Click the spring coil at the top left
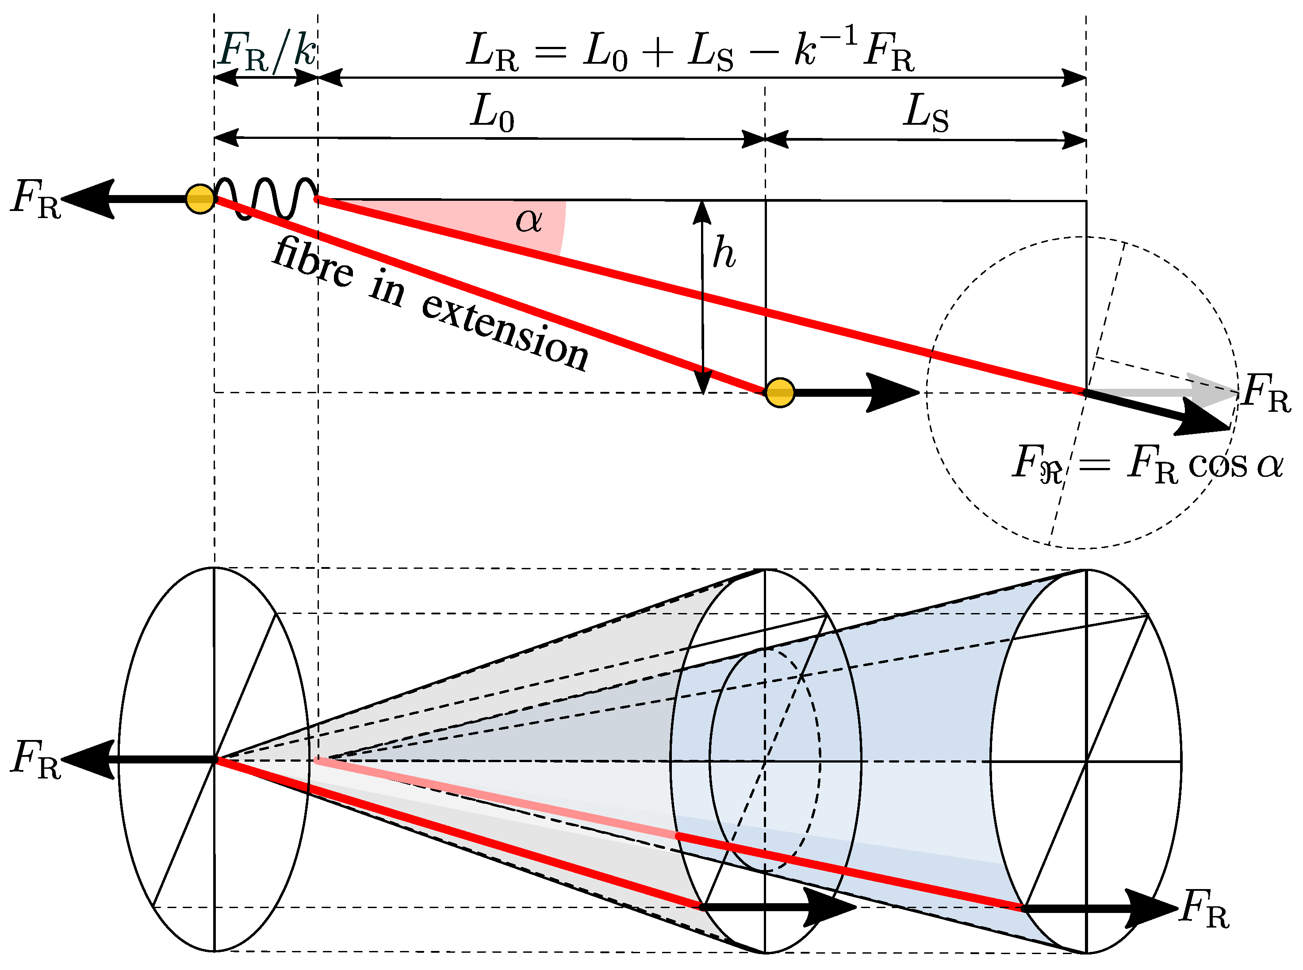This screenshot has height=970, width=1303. tap(265, 198)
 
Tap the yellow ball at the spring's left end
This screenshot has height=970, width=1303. tap(199, 199)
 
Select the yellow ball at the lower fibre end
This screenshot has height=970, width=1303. tap(779, 392)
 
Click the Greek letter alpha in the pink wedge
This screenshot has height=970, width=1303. tap(528, 221)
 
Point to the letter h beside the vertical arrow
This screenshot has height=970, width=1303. tap(724, 253)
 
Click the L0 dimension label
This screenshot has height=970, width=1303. tap(492, 113)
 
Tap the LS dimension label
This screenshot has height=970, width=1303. tap(925, 113)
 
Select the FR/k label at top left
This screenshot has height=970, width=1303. tap(267, 52)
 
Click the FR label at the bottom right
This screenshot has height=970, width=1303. tap(1204, 909)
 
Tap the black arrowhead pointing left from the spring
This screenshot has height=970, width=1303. tap(88, 199)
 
